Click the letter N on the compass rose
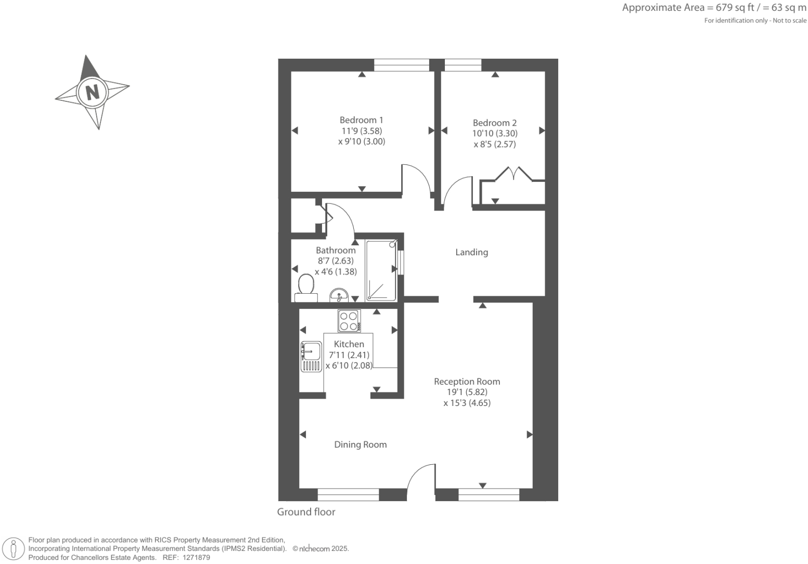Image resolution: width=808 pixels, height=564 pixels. click(92, 92)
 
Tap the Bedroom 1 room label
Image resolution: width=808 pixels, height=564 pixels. click(361, 120)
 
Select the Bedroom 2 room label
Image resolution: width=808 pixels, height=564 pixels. click(494, 123)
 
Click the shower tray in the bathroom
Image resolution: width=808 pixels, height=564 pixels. click(381, 270)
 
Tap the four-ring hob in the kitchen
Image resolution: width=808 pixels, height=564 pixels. click(349, 321)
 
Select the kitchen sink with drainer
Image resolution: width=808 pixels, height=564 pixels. click(311, 357)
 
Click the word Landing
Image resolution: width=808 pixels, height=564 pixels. click(471, 253)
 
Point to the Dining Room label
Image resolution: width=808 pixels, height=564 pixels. click(360, 445)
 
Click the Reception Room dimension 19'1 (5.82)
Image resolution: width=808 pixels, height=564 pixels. click(467, 392)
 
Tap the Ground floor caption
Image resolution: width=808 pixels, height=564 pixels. click(306, 512)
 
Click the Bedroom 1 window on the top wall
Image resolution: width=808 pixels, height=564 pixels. click(401, 65)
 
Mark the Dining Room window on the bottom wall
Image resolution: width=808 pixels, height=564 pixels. click(348, 494)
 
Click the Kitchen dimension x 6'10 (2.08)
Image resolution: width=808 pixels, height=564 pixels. click(349, 366)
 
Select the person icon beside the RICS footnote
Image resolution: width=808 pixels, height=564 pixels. click(14, 549)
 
